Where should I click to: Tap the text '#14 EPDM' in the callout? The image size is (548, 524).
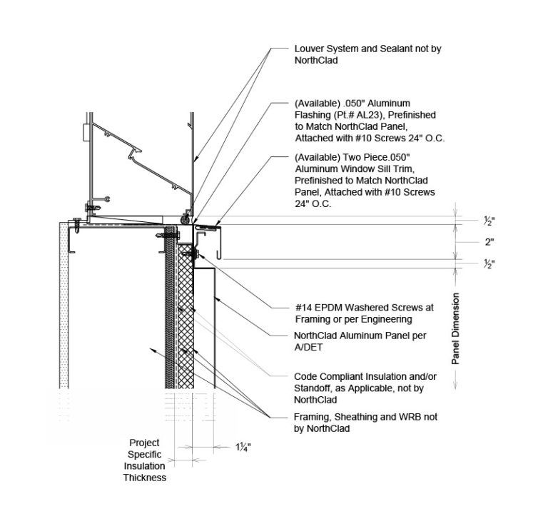[316, 308]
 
